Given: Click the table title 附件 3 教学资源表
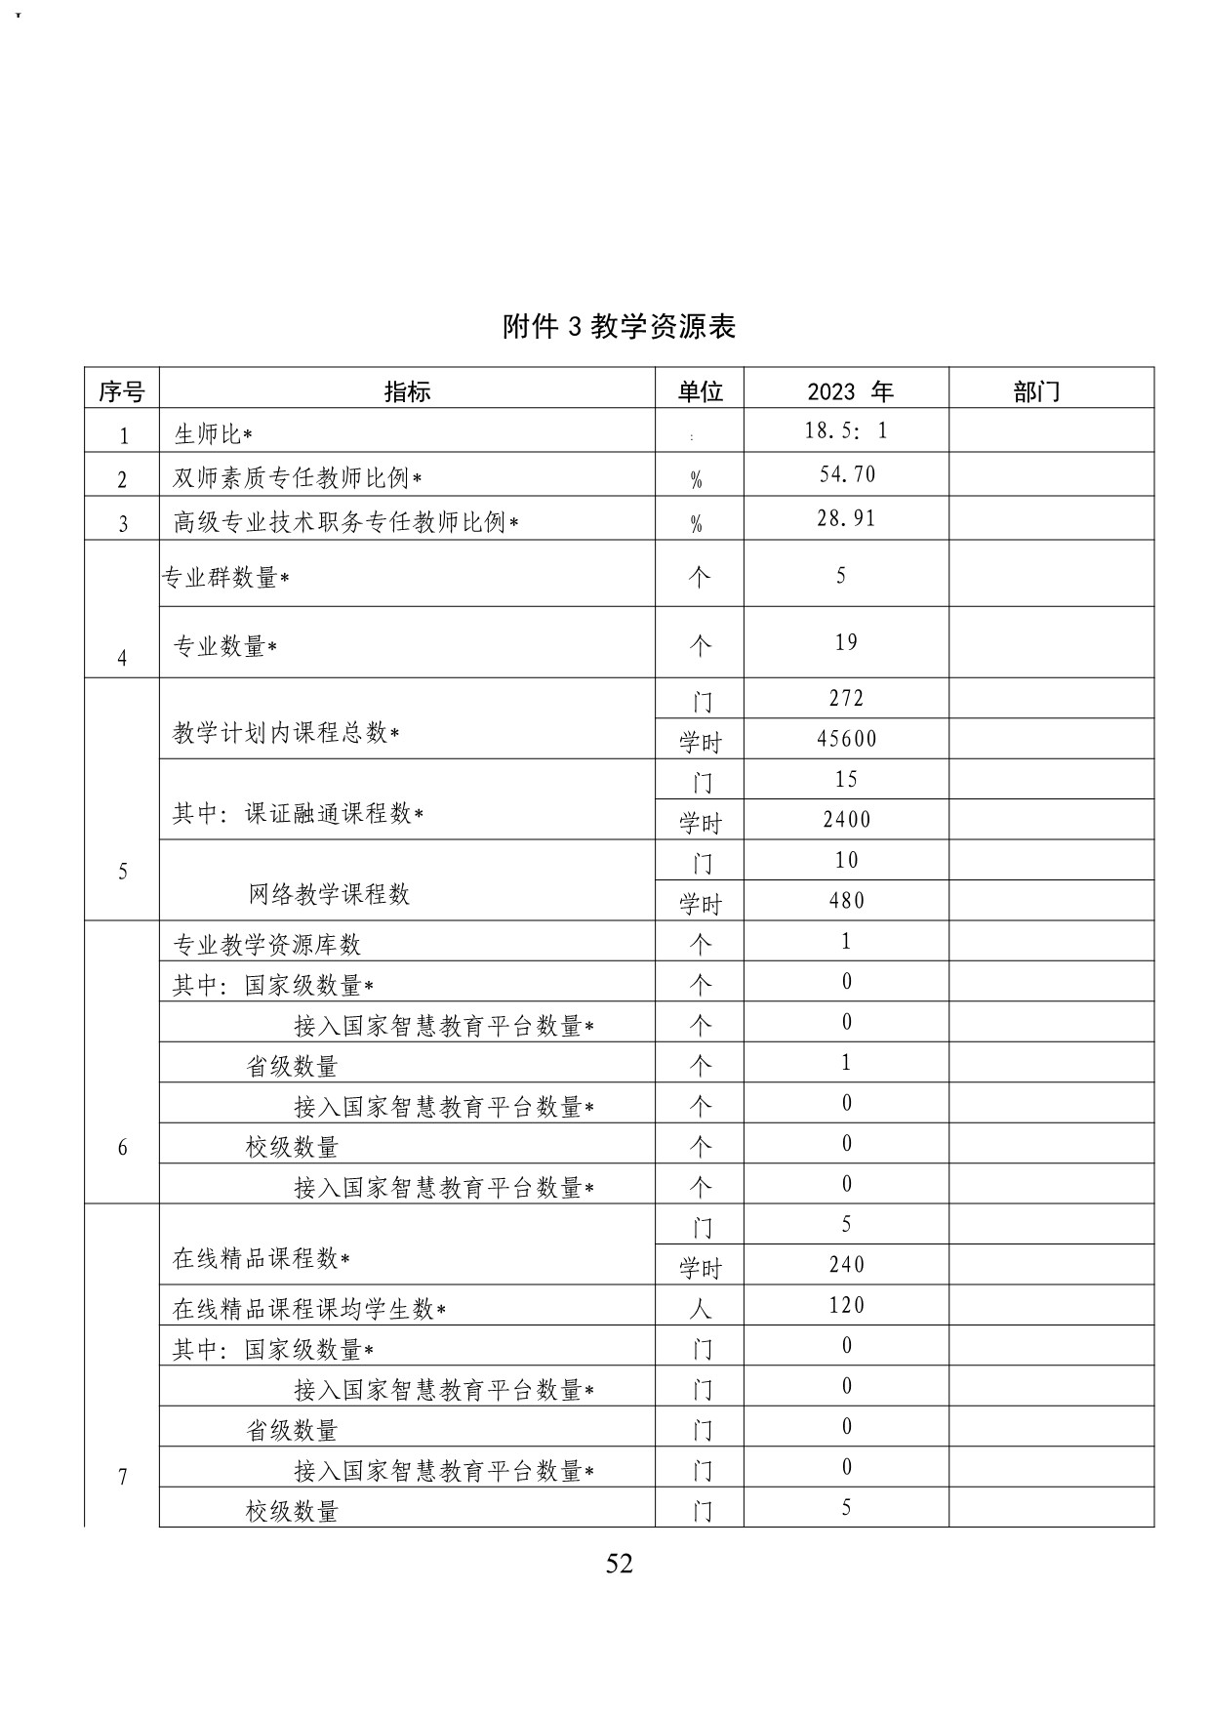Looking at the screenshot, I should coord(619,326).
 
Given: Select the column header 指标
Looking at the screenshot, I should coord(407,391).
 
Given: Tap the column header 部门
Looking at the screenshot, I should coord(1036,391).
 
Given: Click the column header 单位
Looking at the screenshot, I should coord(700,391).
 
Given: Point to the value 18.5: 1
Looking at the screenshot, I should coord(846,430).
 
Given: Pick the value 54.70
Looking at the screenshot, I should coord(847,474).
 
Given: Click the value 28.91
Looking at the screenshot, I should coord(847,518).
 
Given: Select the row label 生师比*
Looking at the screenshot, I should coord(214,433).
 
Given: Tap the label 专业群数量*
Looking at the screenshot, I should coord(226,578).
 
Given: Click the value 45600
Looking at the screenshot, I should coord(847,739).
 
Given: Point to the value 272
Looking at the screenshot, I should coord(847,699).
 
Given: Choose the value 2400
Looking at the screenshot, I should coord(847,820).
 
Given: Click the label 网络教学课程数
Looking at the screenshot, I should coord(329,894).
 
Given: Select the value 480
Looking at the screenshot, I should coord(847,900).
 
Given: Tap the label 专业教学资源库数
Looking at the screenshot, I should coord(266,944).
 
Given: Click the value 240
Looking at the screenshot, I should coord(847,1265).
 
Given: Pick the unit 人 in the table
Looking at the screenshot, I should coord(700,1308).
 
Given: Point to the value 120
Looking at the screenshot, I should coord(847,1306).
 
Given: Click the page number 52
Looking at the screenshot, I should coord(619,1564).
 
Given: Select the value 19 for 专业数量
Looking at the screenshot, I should coord(847,642).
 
